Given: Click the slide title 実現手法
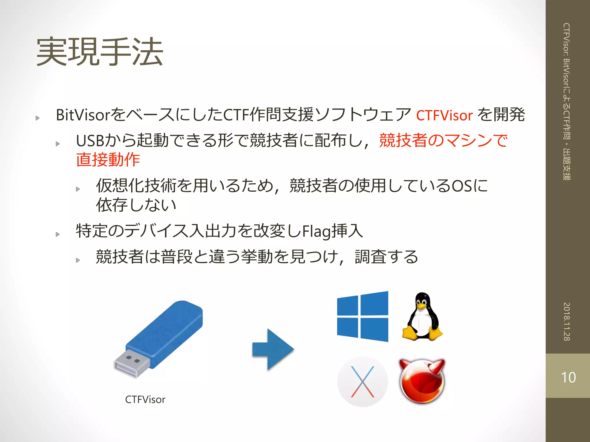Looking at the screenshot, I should [100, 52].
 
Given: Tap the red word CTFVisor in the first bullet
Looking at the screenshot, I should [444, 115].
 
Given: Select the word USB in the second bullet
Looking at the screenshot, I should [90, 141].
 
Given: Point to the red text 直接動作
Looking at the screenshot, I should [108, 160].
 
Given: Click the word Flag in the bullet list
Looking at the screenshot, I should [316, 231].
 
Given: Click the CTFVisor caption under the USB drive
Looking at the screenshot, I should [145, 399].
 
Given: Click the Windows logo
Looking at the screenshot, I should [362, 317].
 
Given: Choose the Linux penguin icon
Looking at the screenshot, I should [422, 317].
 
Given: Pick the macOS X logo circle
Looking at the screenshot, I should [362, 382].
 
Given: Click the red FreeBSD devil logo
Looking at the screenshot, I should [422, 381].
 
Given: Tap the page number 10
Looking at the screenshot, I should [568, 377].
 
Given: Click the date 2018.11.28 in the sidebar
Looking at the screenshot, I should [567, 321].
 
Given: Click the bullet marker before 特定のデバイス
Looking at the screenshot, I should [58, 234].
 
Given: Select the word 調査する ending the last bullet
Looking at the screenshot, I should [386, 257].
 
